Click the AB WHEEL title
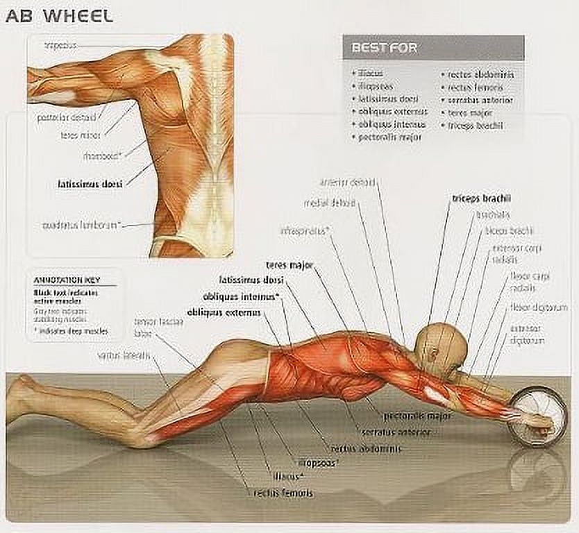(59, 16)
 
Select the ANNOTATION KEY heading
(67, 280)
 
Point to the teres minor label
(81, 135)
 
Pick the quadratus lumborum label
(82, 225)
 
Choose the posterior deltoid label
(66, 117)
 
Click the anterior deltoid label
(348, 182)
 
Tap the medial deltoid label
(330, 203)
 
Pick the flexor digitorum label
(539, 307)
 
